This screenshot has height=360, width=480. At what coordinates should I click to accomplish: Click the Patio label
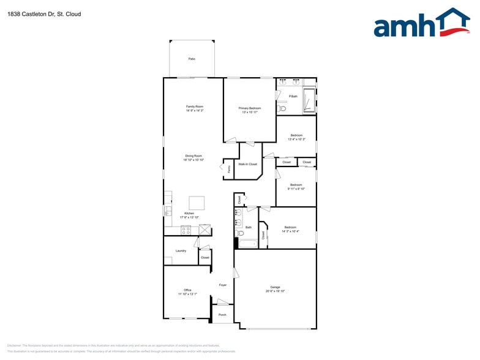point(192,59)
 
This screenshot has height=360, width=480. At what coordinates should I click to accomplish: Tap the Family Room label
point(195,107)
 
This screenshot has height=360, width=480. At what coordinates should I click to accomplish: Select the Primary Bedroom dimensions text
point(250,112)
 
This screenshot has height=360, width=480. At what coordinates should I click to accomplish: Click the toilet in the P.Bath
point(282,108)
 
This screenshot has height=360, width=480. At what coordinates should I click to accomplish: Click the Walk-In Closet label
point(247,165)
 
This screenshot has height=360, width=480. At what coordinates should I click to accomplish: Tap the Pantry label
point(228,168)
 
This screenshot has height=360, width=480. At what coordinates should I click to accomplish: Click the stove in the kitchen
point(186,230)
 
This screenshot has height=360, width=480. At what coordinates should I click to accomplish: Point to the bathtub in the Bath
point(248,243)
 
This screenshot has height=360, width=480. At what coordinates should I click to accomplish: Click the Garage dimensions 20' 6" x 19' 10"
point(276,291)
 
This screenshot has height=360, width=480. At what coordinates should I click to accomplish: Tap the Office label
point(187,290)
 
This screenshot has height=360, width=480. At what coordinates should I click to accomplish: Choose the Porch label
point(222,315)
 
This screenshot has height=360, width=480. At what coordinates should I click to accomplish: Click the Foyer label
point(223,285)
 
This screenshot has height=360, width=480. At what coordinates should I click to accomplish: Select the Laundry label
point(181,250)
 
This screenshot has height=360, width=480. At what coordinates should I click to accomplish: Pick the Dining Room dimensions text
point(194,160)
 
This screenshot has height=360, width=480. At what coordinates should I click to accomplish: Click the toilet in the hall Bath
point(241,233)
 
